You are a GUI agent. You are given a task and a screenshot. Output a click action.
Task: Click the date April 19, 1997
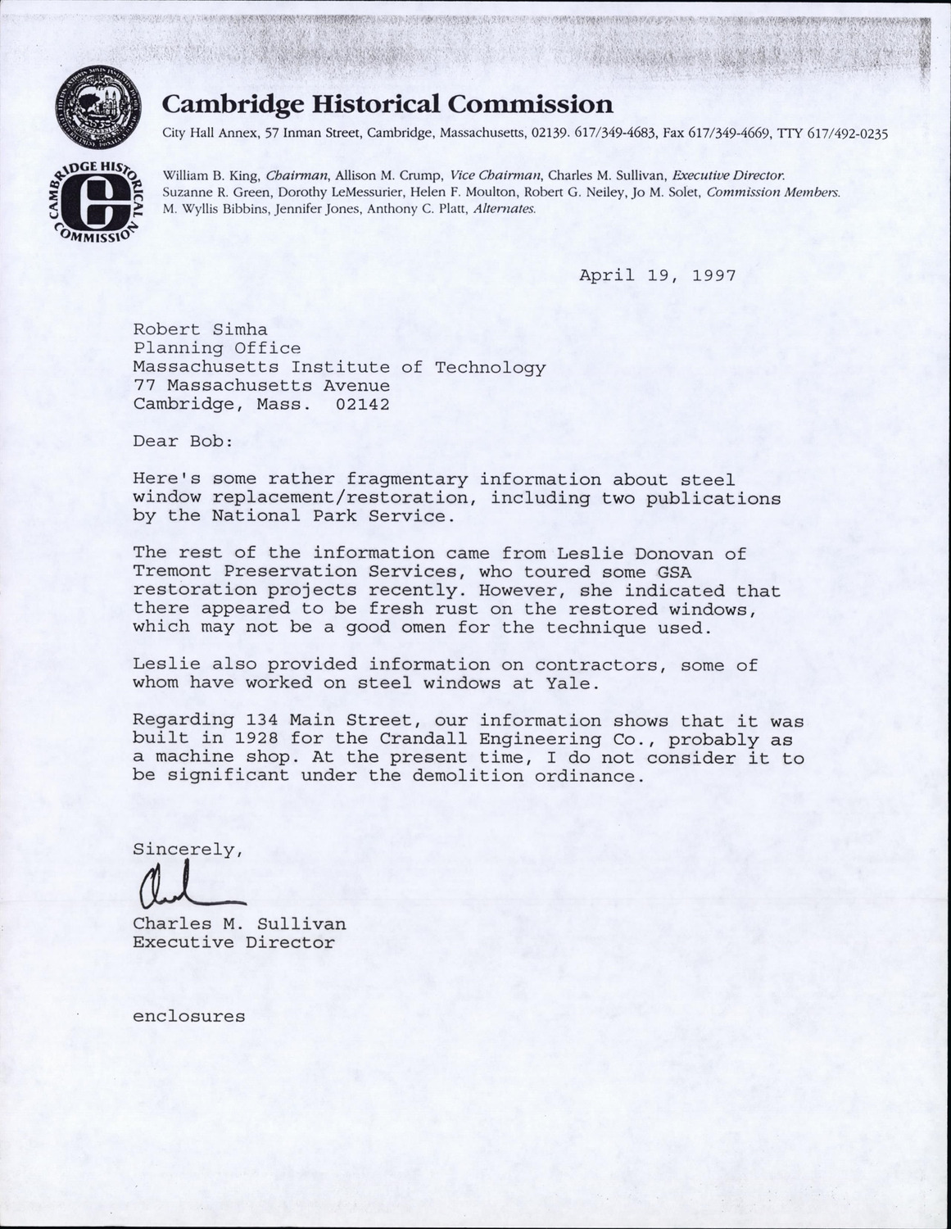click(658, 275)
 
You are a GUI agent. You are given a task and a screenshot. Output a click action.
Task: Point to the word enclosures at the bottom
click(189, 1017)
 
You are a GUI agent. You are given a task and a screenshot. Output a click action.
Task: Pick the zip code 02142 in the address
click(362, 404)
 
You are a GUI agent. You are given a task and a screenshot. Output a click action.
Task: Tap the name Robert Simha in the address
click(194, 330)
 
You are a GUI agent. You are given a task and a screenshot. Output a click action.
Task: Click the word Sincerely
click(187, 850)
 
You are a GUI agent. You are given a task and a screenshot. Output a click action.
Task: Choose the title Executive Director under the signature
click(234, 943)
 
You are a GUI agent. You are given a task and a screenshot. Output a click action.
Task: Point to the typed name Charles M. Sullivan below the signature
click(239, 924)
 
